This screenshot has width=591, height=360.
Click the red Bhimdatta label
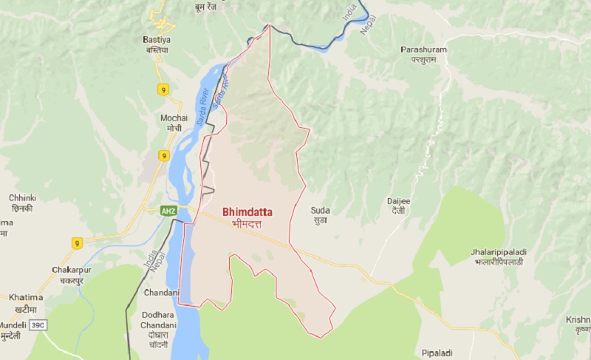pyautogui.click(x=242, y=211)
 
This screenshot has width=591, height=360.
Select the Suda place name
pyautogui.click(x=321, y=211)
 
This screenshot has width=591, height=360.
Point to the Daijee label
pyautogui.click(x=397, y=200)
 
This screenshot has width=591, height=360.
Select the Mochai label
pyautogui.click(x=174, y=118)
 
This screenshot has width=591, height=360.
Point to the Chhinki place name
pyautogui.click(x=21, y=198)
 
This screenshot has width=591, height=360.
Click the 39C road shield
pyautogui.click(x=38, y=324)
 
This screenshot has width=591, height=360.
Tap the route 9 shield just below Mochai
pyautogui.click(x=164, y=155)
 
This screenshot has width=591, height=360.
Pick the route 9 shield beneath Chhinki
pyautogui.click(x=77, y=242)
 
